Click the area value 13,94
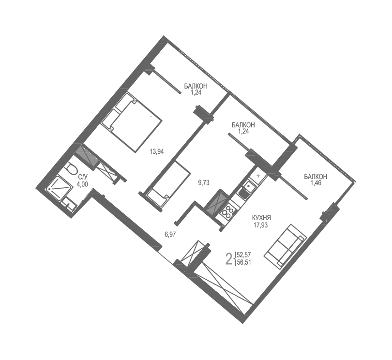pos(156,151)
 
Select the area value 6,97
pos(170,234)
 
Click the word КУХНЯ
pos(261,218)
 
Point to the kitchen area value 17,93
pos(261,225)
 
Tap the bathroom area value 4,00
pos(82,184)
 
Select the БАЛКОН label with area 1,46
pos(316,177)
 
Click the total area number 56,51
pos(244,262)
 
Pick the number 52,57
pos(244,255)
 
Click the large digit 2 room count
pos(229,258)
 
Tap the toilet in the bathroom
pos(71,170)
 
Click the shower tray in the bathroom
pos(58,188)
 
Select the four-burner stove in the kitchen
pos(227,211)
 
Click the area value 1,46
pos(316,183)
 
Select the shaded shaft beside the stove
pos(215,202)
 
